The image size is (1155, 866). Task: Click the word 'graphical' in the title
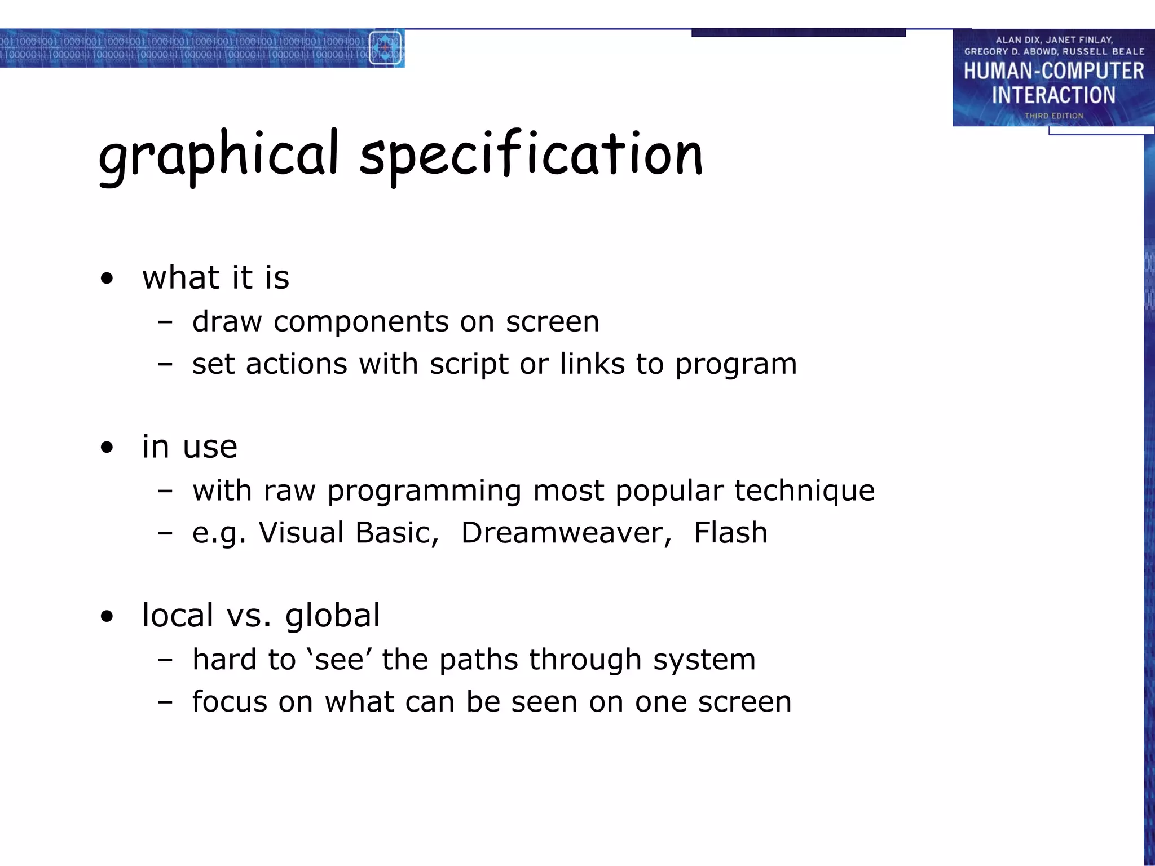point(219,155)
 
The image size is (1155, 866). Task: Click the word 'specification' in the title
point(531,155)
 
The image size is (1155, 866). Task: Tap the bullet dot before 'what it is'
point(107,279)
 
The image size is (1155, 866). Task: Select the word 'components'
point(361,322)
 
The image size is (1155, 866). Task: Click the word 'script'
point(469,365)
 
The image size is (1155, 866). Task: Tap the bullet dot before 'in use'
point(107,448)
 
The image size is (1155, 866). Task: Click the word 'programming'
point(424,491)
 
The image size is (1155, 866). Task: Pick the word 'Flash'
point(730,533)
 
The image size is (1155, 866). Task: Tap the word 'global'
point(333,616)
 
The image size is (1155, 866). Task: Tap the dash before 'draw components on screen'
point(165,322)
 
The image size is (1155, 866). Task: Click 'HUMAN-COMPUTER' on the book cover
point(1053,72)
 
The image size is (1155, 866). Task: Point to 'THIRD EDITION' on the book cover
point(1053,116)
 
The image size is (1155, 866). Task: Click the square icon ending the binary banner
point(386,48)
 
